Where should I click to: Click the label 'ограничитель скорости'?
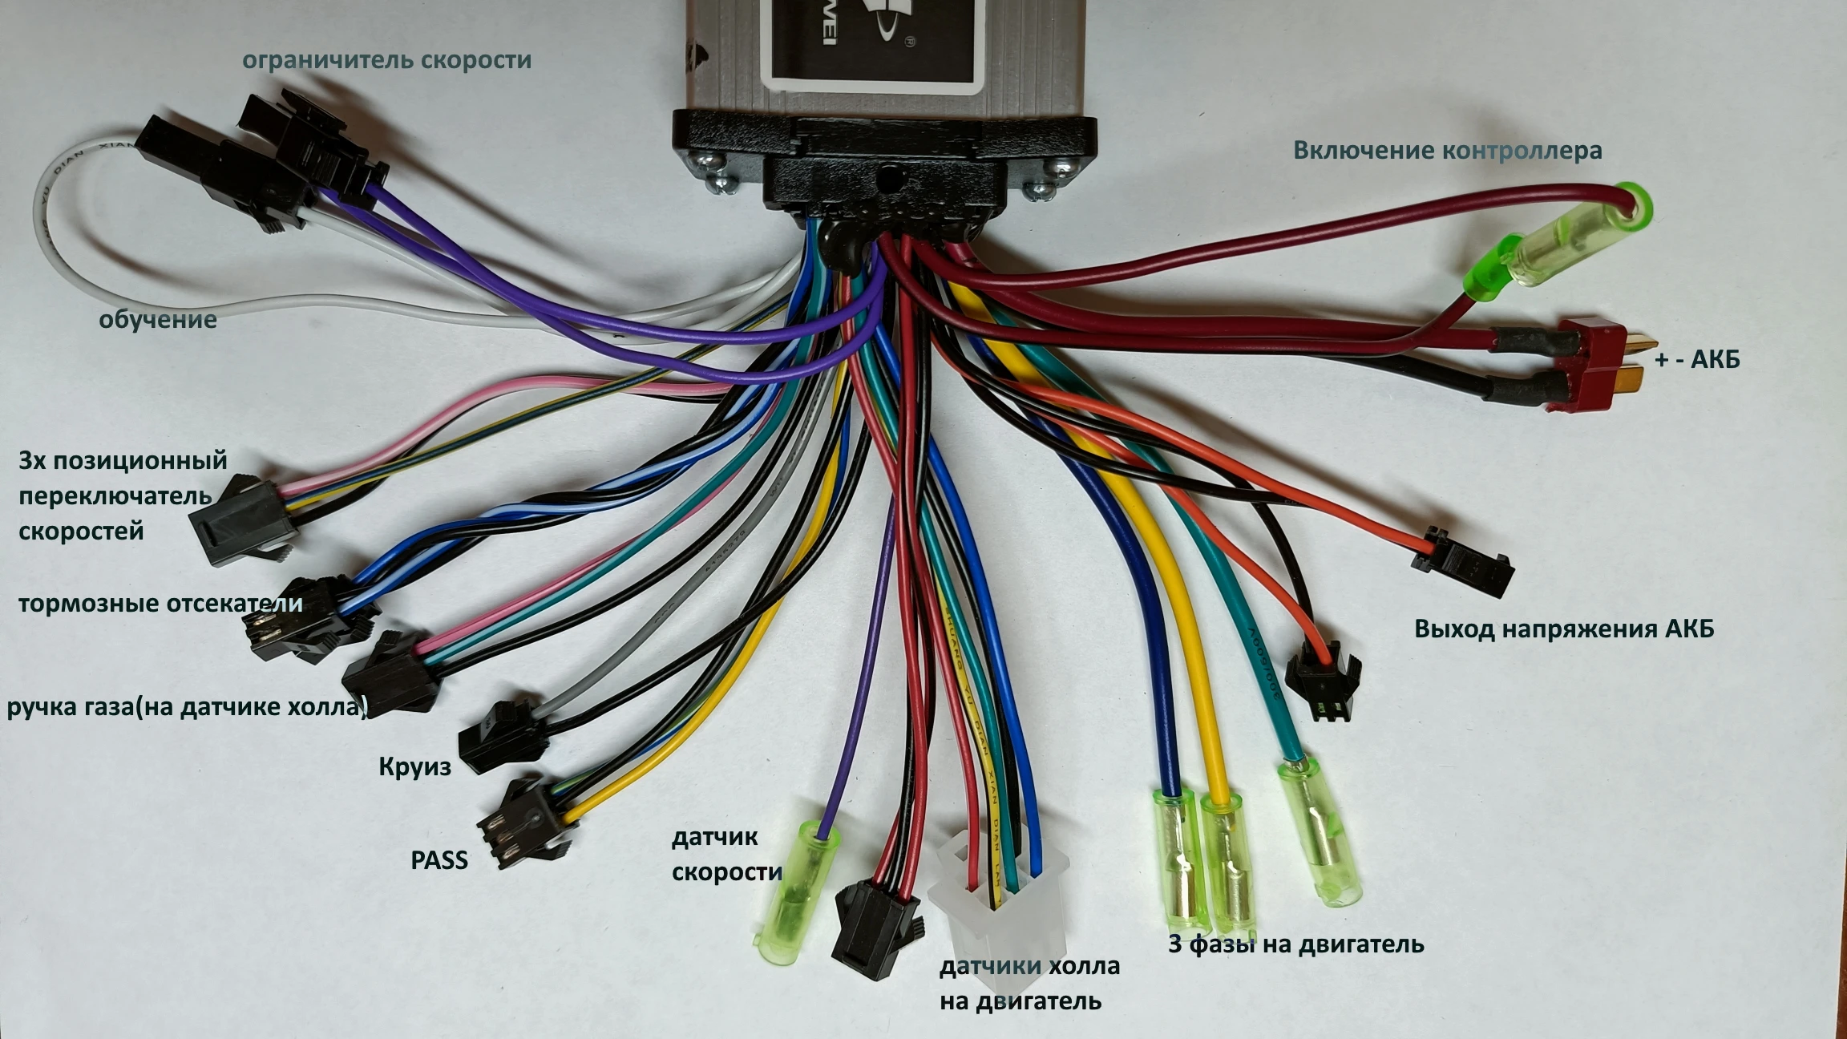click(x=386, y=60)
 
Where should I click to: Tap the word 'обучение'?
click(x=158, y=319)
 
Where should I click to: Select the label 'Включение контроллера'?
click(x=1447, y=150)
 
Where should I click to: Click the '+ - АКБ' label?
click(x=1697, y=359)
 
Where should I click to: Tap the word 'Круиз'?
click(x=414, y=766)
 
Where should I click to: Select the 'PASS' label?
click(x=439, y=860)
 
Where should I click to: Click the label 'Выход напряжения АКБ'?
click(x=1563, y=629)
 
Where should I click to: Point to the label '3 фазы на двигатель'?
click(x=1295, y=944)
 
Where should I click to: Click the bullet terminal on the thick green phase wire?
click(x=1319, y=834)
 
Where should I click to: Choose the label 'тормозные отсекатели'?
click(x=160, y=603)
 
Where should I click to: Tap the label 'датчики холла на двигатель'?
click(x=1029, y=984)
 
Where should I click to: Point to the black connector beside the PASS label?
click(x=525, y=821)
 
